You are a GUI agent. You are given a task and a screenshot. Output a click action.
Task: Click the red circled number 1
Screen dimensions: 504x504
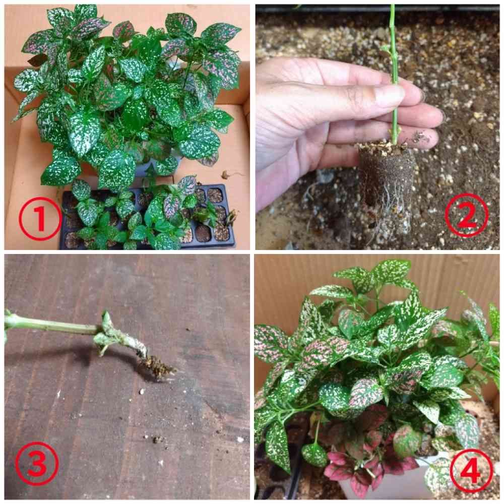pyautogui.click(x=40, y=219)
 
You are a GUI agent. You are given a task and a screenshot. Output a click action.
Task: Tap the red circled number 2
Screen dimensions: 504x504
pyautogui.click(x=467, y=215)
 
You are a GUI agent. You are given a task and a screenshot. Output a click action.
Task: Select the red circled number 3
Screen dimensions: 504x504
pyautogui.click(x=37, y=463)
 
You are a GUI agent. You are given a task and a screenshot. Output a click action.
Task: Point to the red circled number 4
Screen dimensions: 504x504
pyautogui.click(x=471, y=471)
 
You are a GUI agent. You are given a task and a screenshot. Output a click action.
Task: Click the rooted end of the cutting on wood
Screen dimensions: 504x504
pyautogui.click(x=157, y=366)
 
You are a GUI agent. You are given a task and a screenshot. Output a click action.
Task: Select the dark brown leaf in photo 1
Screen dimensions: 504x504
pyautogui.click(x=38, y=59)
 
